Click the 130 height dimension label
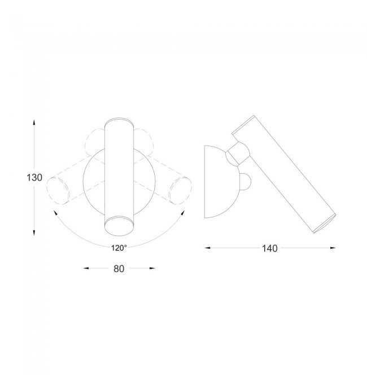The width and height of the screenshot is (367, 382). [x=34, y=178]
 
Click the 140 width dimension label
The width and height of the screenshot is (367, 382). [x=270, y=248]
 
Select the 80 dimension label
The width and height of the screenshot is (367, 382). [x=119, y=269]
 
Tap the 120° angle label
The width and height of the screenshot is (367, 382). [x=119, y=248]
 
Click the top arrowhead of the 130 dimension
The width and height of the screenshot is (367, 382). [x=34, y=122]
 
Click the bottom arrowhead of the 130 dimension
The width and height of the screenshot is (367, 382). [x=34, y=233]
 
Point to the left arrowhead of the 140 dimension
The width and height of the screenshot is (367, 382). [x=207, y=248]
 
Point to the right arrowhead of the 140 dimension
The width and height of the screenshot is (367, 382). [x=333, y=248]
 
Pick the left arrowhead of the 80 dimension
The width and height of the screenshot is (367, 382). [x=86, y=268]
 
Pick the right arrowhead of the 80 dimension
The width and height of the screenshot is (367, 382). [x=152, y=268]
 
